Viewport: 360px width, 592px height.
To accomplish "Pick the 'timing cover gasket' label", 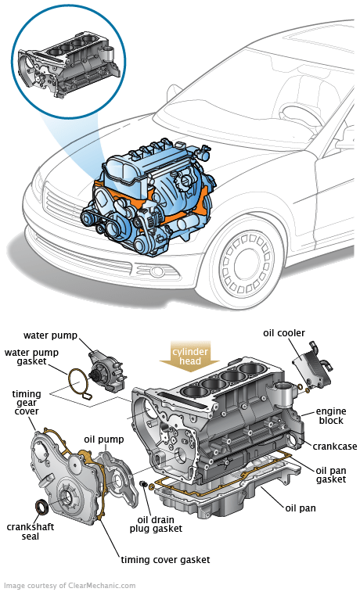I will pyautogui.click(x=165, y=560).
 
